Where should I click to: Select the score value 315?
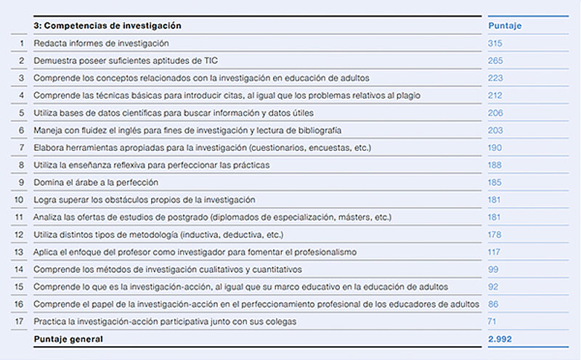click(x=495, y=44)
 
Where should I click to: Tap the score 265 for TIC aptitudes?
click(x=495, y=61)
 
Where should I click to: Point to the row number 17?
click(x=20, y=321)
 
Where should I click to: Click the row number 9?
click(x=21, y=182)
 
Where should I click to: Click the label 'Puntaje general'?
click(x=68, y=339)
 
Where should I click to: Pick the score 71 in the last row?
click(x=493, y=321)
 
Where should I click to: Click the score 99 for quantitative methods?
click(x=493, y=269)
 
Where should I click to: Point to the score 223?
click(x=495, y=78)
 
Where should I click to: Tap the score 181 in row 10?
click(x=495, y=200)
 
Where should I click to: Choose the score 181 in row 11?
click(x=495, y=217)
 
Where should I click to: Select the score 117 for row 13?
click(x=495, y=252)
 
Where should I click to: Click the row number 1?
click(x=21, y=44)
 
